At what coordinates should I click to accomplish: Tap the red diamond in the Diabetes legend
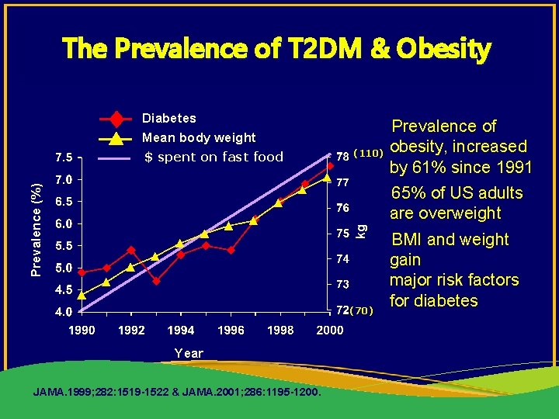coord(116,119)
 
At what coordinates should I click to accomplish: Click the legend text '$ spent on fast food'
coord(214,158)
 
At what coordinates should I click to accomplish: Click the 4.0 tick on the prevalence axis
coord(64,312)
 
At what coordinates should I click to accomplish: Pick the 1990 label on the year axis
coord(82,331)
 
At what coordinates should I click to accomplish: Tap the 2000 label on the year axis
coord(330,331)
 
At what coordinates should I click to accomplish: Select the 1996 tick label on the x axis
coord(231,331)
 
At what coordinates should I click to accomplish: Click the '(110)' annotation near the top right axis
coord(366,153)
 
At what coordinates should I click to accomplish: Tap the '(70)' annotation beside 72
coord(362,311)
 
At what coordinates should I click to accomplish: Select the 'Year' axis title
coord(189,353)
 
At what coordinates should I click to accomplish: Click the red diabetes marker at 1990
coord(82,272)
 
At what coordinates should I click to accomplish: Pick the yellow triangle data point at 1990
coord(82,295)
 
